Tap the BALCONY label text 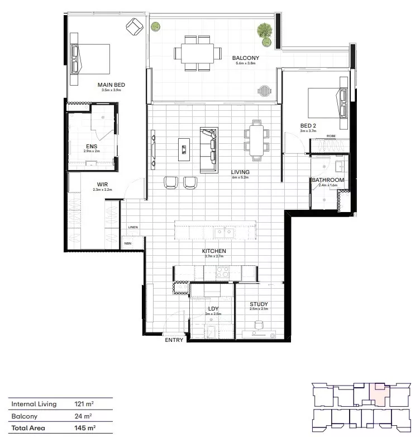245,58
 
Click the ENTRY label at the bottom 174,340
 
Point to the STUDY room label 259,304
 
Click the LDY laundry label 213,308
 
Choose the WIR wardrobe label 103,184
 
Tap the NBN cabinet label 128,243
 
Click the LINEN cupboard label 132,227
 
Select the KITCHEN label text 214,251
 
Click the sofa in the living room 209,150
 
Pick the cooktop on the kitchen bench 223,272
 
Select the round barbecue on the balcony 264,90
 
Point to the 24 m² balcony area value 82,416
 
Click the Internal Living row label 34,403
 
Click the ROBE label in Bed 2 331,136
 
